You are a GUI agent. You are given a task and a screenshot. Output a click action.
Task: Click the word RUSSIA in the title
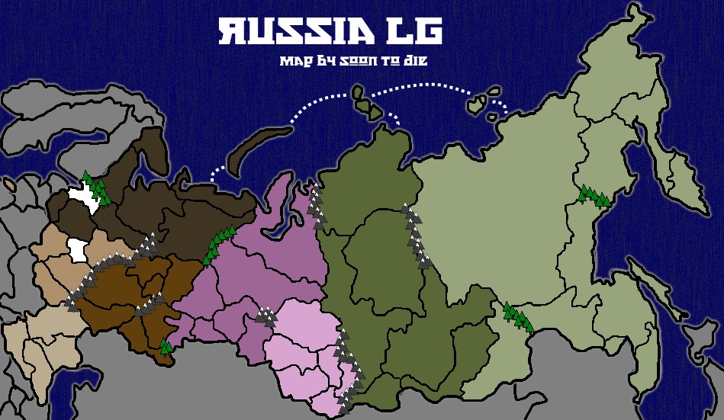[x=294, y=32]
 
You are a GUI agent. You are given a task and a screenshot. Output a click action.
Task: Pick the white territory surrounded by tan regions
[x=76, y=249]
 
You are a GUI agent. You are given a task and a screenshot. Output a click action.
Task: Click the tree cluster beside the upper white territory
[x=97, y=188]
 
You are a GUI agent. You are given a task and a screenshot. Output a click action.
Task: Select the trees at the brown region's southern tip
[x=166, y=347]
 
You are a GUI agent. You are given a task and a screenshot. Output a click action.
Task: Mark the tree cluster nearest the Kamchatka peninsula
[x=594, y=196]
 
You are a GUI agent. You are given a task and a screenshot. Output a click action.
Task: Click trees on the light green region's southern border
[x=517, y=316]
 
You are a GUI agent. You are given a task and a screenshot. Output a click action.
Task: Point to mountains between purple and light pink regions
[x=266, y=316]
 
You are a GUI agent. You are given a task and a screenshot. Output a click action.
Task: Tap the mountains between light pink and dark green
[x=345, y=366]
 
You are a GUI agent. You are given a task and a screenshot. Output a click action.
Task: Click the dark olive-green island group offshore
[x=366, y=104]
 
